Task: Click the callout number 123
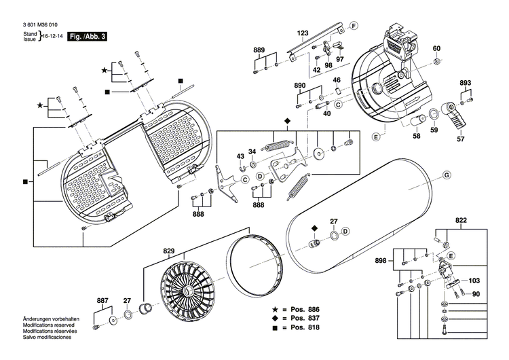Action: (x=303, y=33)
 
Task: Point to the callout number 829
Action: (x=168, y=252)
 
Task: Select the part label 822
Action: (x=461, y=221)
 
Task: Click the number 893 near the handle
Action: (x=465, y=83)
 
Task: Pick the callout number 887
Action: (x=102, y=300)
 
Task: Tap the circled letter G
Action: (x=447, y=176)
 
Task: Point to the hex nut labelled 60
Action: (x=438, y=62)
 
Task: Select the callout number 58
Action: (x=416, y=137)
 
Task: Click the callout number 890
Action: (x=300, y=86)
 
